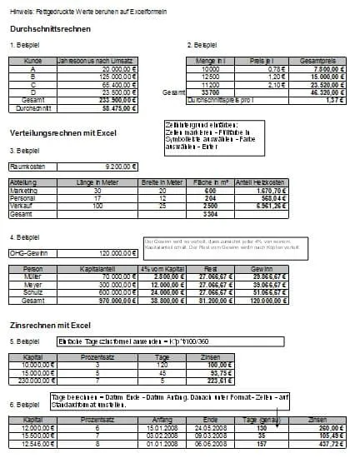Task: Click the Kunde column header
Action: tap(33, 62)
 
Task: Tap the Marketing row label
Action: tap(23, 191)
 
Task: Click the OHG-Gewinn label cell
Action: tap(26, 251)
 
